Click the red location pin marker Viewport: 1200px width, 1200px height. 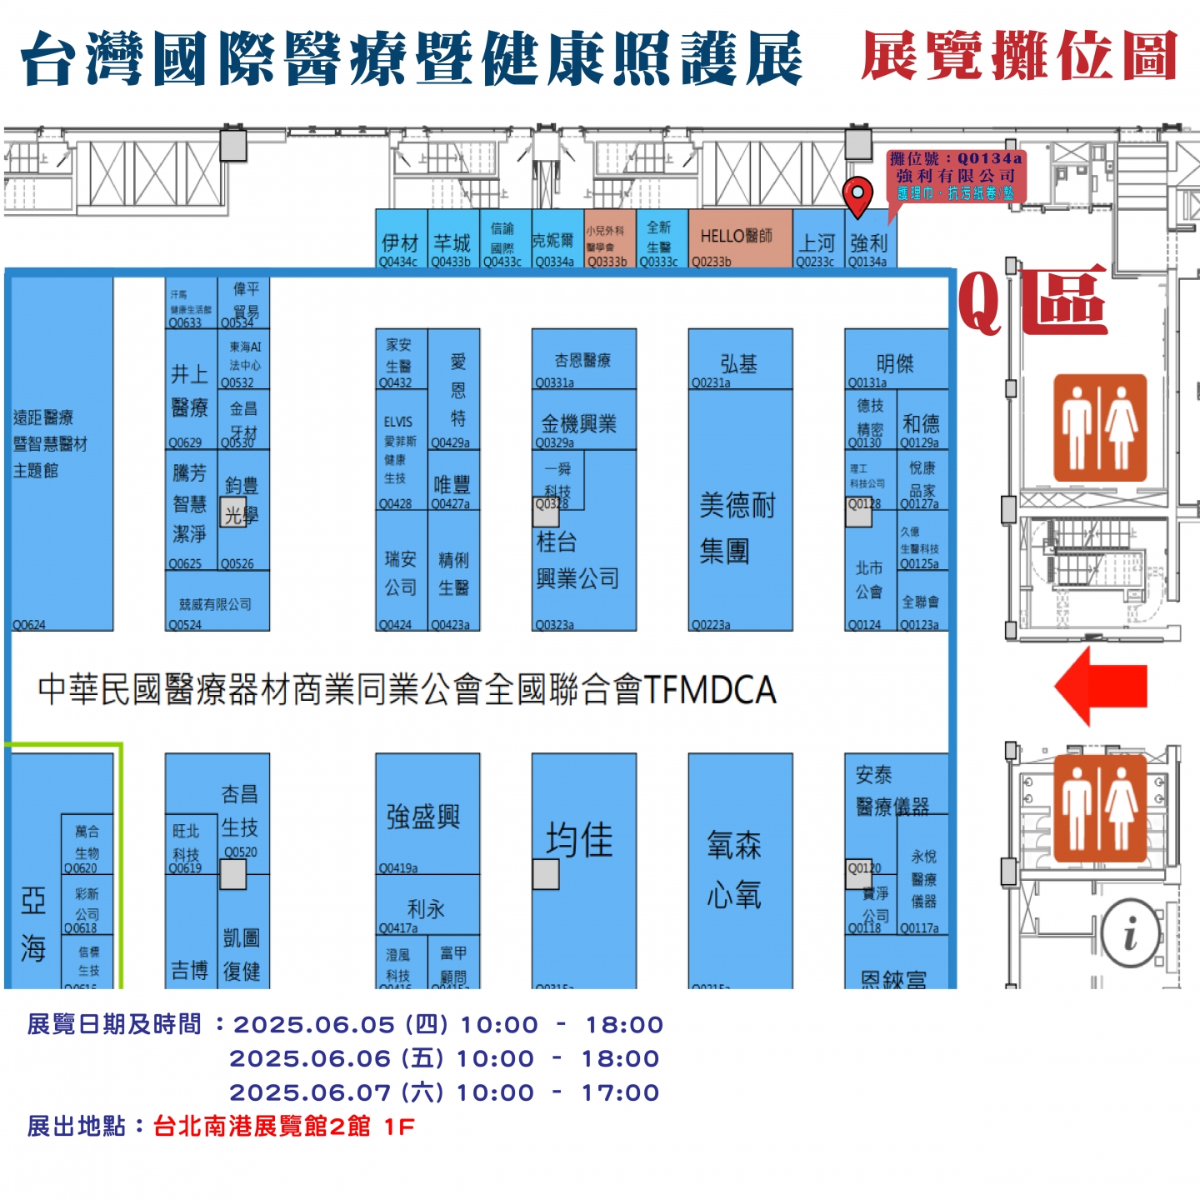(857, 196)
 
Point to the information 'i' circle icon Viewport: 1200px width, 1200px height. (1130, 933)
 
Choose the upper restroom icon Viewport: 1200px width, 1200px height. (1100, 427)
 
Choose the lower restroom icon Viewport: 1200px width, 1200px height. (1100, 808)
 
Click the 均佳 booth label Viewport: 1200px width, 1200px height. (580, 840)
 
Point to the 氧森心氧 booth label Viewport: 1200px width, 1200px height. (735, 870)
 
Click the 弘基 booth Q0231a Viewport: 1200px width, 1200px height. (739, 364)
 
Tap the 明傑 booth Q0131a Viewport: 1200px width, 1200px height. (895, 364)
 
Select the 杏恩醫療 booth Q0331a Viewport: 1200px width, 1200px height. (583, 361)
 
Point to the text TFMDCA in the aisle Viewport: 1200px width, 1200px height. (710, 690)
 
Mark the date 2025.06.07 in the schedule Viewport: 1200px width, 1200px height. (310, 1092)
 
